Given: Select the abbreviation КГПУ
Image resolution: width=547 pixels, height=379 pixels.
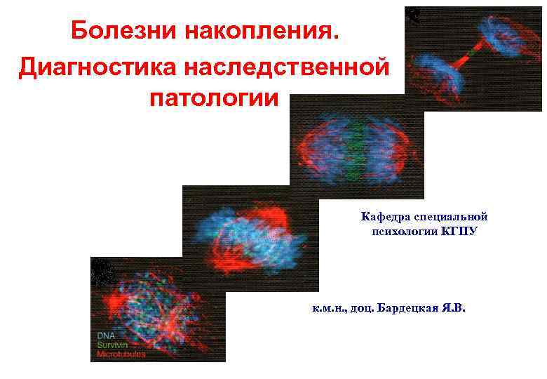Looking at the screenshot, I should pyautogui.click(x=459, y=231).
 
